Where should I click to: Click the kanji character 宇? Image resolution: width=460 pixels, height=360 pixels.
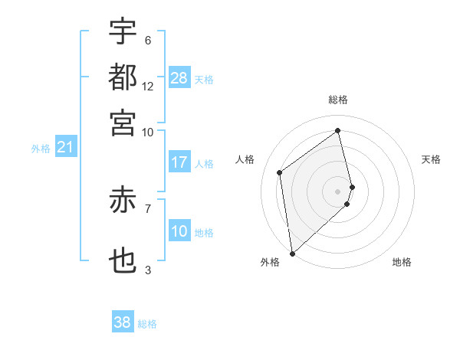click(123, 32)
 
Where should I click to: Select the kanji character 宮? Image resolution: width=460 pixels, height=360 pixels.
click(123, 123)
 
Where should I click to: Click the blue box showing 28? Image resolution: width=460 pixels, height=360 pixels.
click(179, 78)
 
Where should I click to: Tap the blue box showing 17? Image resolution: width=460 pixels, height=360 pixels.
click(179, 162)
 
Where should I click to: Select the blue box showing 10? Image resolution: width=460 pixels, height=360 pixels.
click(179, 231)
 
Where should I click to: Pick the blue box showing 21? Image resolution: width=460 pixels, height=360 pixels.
click(65, 147)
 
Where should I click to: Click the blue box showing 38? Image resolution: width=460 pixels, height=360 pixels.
click(123, 322)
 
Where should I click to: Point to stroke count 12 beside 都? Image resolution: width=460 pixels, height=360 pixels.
click(148, 86)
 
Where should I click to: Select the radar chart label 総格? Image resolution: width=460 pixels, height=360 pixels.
click(338, 100)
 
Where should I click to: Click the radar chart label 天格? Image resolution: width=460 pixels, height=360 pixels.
click(431, 159)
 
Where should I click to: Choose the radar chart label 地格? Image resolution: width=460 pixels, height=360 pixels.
click(402, 262)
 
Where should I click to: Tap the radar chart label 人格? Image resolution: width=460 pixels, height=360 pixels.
click(245, 159)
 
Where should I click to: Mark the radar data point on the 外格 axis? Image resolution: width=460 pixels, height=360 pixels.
click(292, 253)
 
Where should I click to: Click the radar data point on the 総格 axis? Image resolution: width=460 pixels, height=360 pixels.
click(338, 130)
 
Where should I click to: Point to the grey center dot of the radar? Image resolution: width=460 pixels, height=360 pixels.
click(338, 190)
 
